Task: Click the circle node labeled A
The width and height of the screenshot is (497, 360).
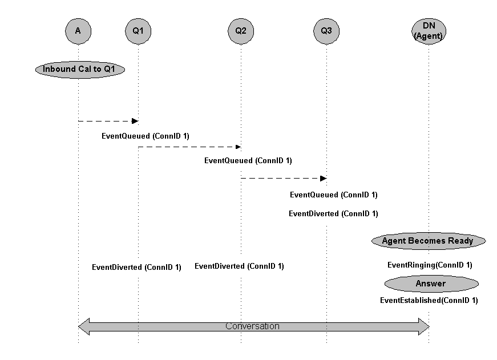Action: tap(78, 31)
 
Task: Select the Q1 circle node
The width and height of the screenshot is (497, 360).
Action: tap(138, 31)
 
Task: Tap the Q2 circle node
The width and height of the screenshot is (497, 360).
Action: tap(241, 31)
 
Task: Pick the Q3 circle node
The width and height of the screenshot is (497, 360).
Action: tap(326, 31)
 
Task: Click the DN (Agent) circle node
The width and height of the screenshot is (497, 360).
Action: tap(429, 31)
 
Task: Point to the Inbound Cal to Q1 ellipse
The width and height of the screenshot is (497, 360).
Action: tap(80, 69)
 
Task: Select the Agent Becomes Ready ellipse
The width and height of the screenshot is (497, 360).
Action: tap(428, 241)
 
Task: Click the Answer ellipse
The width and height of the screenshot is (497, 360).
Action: tap(431, 284)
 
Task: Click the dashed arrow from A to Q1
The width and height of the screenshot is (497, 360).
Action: tap(108, 121)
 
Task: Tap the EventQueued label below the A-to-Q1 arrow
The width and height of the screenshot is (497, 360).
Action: tap(145, 136)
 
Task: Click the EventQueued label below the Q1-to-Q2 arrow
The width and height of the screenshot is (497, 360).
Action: tap(248, 161)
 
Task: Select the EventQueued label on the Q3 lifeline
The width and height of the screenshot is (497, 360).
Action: tap(333, 195)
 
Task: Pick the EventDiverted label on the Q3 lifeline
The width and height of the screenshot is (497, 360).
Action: tap(333, 214)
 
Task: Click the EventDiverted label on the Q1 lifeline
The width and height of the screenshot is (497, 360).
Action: tap(136, 267)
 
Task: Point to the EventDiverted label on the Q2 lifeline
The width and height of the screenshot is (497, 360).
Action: tap(239, 266)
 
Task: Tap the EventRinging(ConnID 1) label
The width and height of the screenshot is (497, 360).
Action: tap(430, 265)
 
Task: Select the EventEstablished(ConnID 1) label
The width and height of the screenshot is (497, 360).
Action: tap(429, 300)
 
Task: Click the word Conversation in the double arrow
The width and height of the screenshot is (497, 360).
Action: tap(252, 327)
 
